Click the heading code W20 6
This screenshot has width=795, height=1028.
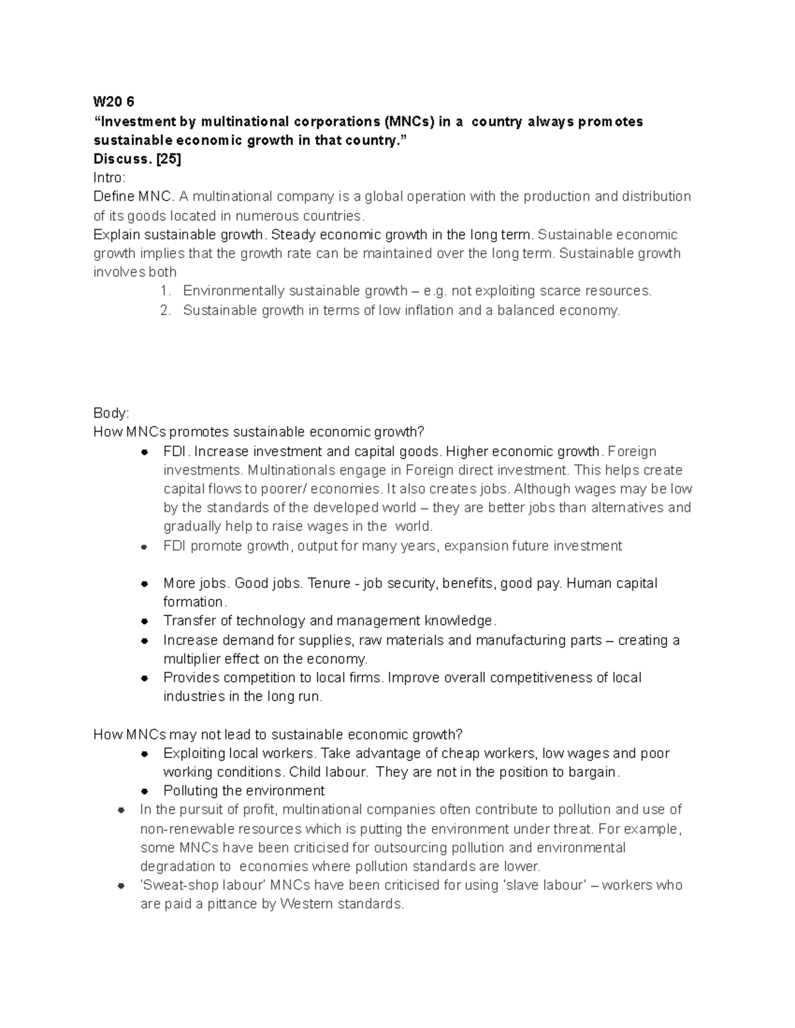pyautogui.click(x=113, y=102)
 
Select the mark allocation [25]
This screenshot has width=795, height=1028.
pyautogui.click(x=168, y=159)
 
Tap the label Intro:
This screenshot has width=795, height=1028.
pyautogui.click(x=109, y=177)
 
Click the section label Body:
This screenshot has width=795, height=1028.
pyautogui.click(x=111, y=413)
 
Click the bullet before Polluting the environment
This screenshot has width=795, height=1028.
pyautogui.click(x=144, y=792)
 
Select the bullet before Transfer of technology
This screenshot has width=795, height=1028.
pyautogui.click(x=144, y=622)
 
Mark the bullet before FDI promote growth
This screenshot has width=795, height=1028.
pyautogui.click(x=144, y=547)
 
